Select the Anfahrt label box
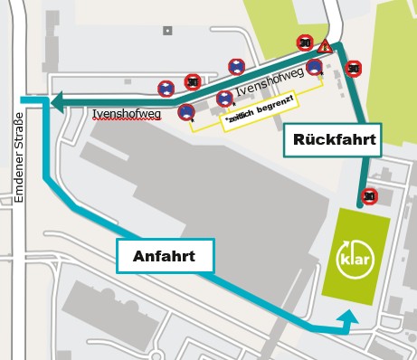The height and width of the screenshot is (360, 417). click(164, 255)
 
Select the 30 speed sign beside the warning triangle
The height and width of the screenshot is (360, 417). click(306, 42)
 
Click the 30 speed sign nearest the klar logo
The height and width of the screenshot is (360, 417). click(368, 194)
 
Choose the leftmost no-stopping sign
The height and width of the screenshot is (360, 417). click(166, 89)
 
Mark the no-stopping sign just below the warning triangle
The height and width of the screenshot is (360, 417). click(314, 66)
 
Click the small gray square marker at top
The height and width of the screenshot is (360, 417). click(166, 31)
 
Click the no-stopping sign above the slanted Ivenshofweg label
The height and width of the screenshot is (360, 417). click(235, 66)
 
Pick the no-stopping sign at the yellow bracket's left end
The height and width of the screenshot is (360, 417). click(186, 112)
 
